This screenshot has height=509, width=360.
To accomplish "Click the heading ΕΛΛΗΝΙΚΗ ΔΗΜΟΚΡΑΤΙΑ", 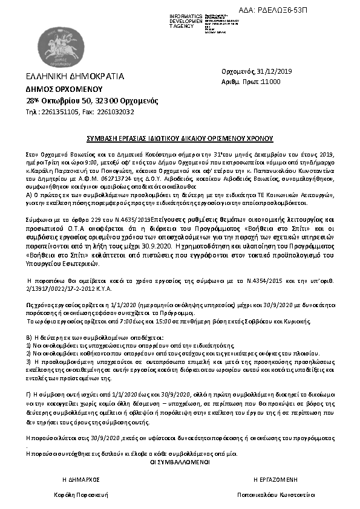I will (x=74, y=77).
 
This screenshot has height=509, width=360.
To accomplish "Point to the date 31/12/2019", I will (x=275, y=71).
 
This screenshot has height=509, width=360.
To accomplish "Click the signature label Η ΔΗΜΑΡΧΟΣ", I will (x=80, y=478).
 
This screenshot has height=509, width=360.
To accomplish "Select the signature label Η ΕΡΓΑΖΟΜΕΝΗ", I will (x=275, y=478).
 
